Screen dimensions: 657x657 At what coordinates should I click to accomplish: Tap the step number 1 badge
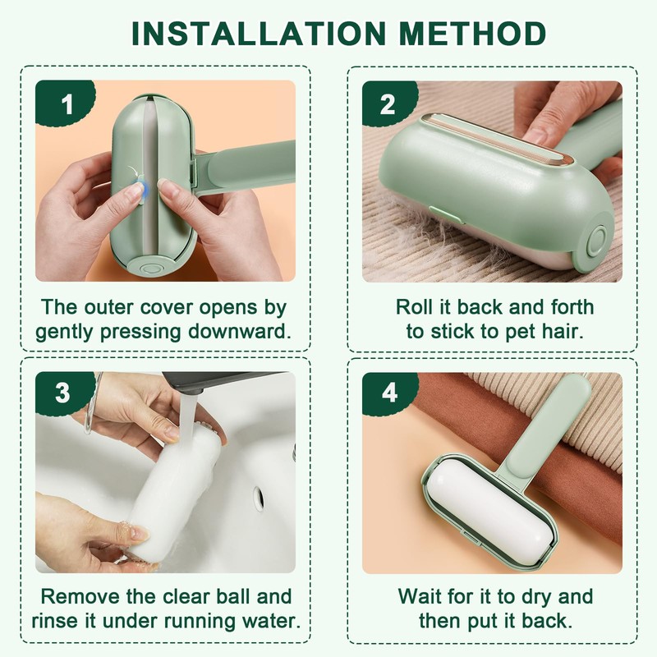66,105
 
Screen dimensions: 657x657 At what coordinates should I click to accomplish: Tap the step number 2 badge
388,104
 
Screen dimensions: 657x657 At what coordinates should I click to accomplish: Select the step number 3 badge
62,393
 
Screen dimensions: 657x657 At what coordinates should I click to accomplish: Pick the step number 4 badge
388,393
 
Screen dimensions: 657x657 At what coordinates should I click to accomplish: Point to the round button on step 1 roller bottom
149,267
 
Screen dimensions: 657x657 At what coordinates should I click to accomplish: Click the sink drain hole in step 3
259,495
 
